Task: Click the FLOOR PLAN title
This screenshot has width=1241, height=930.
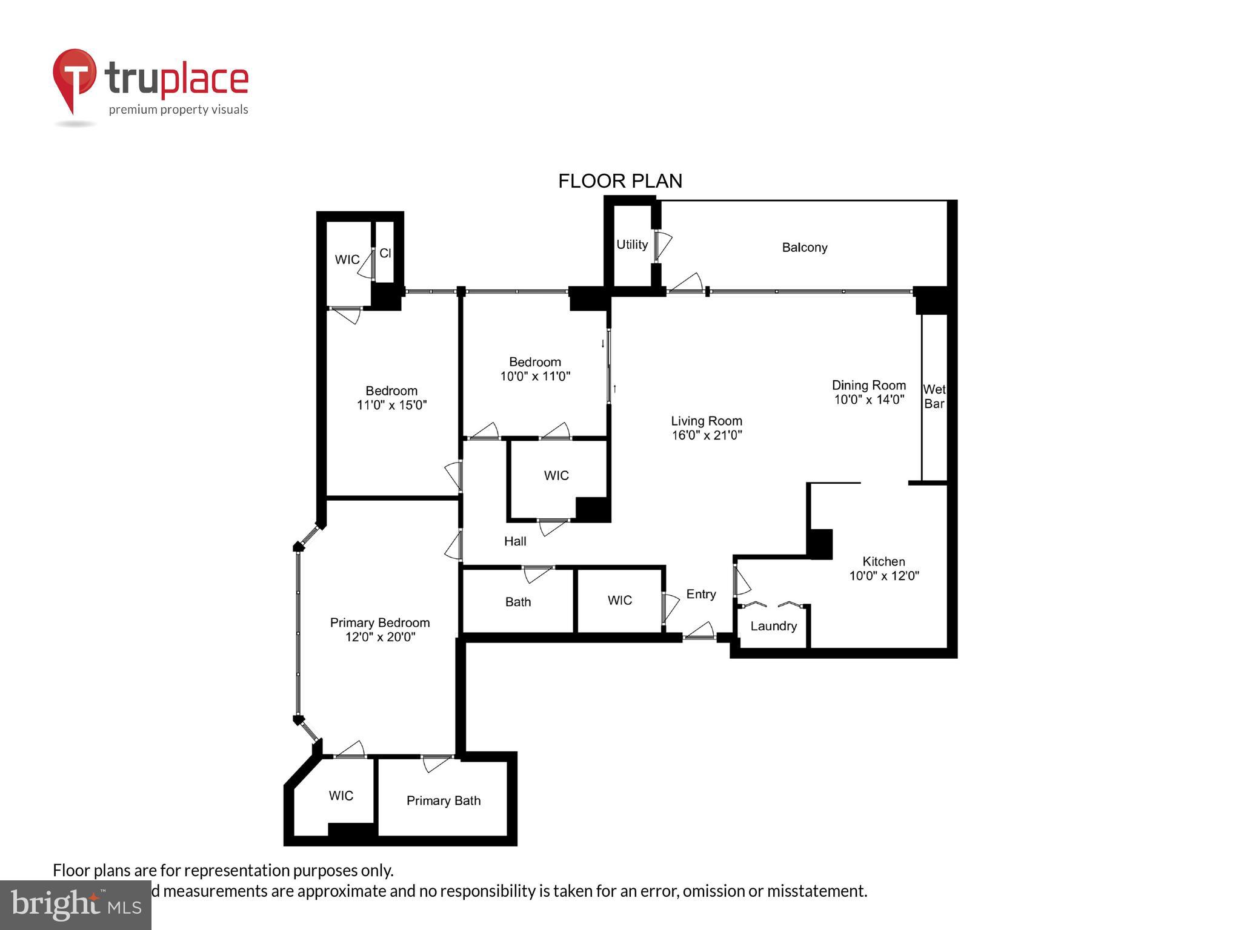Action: (620, 181)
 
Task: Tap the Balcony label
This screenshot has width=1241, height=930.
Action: (804, 248)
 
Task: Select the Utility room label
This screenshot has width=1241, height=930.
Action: (632, 245)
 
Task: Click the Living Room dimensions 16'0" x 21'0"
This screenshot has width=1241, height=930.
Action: (707, 435)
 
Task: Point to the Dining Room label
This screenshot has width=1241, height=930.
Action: (868, 385)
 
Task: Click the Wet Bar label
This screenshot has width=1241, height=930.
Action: (934, 397)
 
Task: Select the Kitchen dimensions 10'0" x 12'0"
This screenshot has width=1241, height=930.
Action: (883, 576)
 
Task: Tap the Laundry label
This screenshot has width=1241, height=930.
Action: (773, 626)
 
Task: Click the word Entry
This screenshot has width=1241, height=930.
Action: (700, 594)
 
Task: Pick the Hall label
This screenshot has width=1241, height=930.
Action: (515, 541)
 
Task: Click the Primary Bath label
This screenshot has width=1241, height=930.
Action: (443, 800)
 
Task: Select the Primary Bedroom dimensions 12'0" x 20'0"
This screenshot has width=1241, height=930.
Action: (380, 637)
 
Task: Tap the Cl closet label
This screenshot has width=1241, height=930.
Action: (385, 253)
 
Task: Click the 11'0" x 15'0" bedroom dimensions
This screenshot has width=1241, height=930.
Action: (391, 405)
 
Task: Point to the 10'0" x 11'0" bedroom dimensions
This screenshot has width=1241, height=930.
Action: (534, 377)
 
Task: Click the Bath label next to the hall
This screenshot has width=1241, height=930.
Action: (517, 602)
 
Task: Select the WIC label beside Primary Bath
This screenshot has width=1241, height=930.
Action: (341, 796)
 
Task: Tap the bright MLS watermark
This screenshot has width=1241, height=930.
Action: (76, 905)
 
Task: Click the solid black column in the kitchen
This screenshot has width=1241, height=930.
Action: (820, 543)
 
